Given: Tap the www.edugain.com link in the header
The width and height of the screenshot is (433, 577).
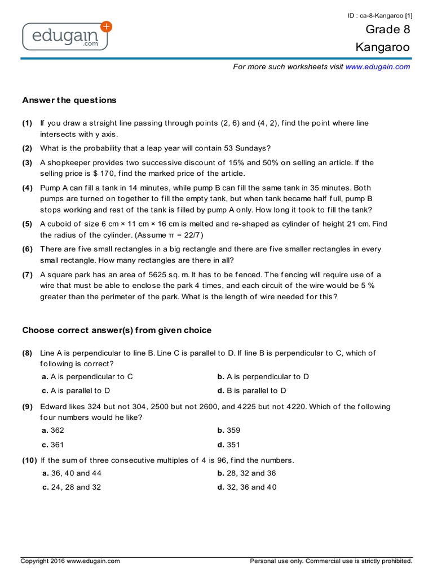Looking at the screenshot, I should pos(377,66).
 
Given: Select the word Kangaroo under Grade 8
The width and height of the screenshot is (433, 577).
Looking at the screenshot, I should pos(382,47).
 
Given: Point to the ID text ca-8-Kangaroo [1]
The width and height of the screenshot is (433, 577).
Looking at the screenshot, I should pos(379,15).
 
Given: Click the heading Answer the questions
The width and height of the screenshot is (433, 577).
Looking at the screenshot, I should pos(69,100).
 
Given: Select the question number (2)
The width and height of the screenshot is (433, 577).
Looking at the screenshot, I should pos(28,148).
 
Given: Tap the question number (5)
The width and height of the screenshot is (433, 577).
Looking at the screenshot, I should pos(28,224).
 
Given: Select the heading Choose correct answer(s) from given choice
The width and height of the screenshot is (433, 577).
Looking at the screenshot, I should pos(117,330).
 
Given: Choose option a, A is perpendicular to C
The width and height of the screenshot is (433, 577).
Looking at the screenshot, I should pos(87,376).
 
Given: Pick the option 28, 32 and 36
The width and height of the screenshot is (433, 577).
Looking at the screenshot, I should pos(246,473).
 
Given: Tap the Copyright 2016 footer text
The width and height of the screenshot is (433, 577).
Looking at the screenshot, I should pos(70,561).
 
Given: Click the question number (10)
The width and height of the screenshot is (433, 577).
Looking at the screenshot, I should pos(30,460).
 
